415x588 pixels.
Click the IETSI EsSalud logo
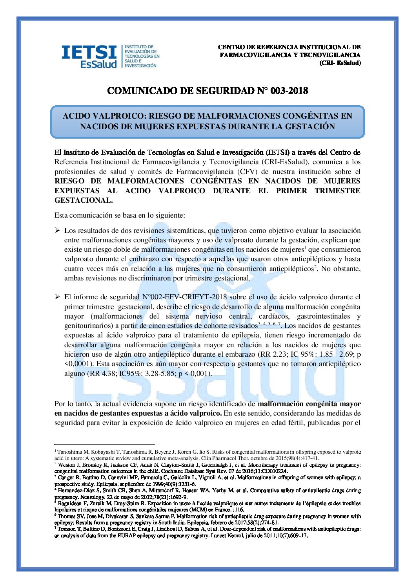[110, 56]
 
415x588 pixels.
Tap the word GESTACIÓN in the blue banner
[311, 126]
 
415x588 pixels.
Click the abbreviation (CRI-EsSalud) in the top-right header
[340, 63]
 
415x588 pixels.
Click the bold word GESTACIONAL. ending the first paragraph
[84, 200]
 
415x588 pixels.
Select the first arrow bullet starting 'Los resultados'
[57, 230]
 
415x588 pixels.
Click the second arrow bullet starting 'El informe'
[57, 297]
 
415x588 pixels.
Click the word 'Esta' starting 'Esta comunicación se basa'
[61, 215]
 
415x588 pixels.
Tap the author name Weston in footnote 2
[67, 465]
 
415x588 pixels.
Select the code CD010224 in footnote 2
[275, 471]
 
